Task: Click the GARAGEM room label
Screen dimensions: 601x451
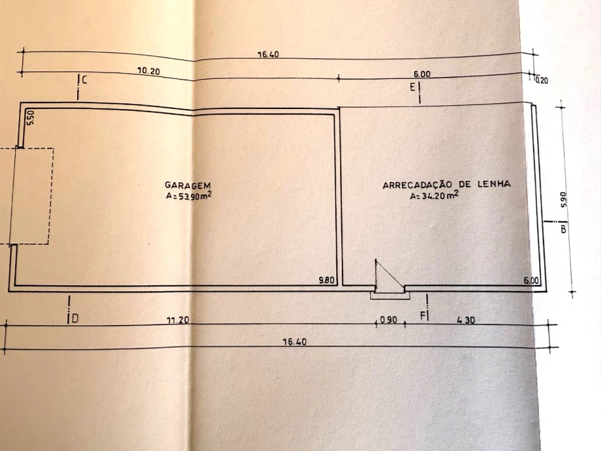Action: coord(188,185)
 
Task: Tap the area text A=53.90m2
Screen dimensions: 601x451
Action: coord(189,195)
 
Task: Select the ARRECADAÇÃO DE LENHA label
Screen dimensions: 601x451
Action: coord(446,184)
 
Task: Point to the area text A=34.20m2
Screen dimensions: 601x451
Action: coord(434,195)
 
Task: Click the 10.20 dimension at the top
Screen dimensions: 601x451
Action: coord(149,71)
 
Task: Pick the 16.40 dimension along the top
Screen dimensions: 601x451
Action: coord(268,54)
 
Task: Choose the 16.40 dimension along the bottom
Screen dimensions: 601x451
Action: coord(294,341)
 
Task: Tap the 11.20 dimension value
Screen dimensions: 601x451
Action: coord(178,320)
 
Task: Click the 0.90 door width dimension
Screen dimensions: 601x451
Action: coord(388,319)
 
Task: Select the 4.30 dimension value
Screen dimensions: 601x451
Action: coord(466,319)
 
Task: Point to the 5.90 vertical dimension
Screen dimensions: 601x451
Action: coord(563,199)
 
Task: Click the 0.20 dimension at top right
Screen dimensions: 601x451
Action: coord(542,81)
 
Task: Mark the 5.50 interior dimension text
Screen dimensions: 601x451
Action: coord(31,117)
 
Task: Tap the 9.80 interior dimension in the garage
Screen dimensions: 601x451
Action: coord(327,280)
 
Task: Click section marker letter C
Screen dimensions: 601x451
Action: coord(85,80)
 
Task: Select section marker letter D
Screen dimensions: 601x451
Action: coord(75,318)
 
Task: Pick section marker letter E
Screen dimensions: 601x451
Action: coord(413,87)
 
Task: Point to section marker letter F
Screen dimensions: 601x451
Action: coord(423,316)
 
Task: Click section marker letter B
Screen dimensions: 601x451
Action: coord(563,229)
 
